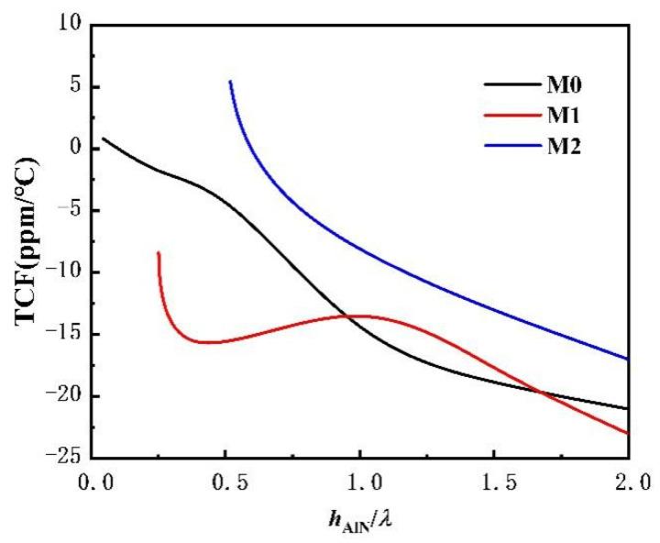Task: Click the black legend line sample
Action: click(x=503, y=88)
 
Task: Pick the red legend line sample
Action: click(x=503, y=116)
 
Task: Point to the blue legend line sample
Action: click(x=503, y=143)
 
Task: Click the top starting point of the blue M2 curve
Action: click(x=230, y=82)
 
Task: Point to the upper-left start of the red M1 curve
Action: click(x=159, y=252)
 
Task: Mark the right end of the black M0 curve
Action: click(x=628, y=408)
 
